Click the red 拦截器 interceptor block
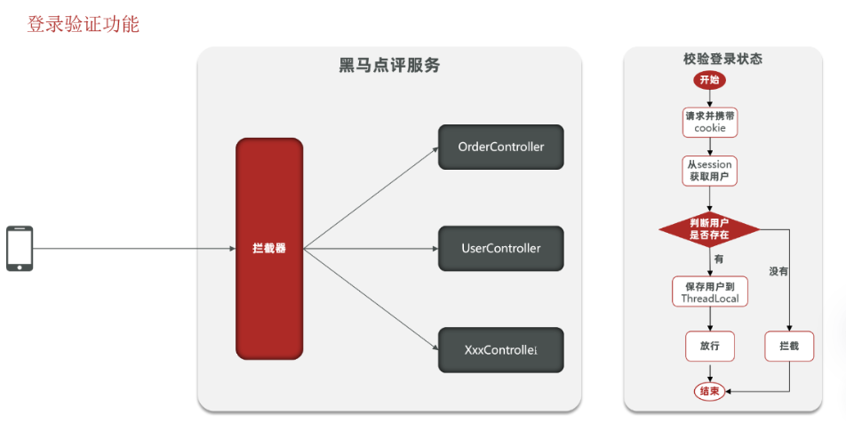268,249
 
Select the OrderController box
500,147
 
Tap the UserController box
500,249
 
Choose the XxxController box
500,350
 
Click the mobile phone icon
20,248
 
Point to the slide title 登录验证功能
83,24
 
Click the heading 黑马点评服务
389,66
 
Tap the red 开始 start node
709,80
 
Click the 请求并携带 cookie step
710,122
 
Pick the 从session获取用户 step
709,171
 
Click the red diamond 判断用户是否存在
709,229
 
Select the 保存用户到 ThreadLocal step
710,291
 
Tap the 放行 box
710,346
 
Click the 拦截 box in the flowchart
789,346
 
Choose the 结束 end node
709,391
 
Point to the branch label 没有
778,271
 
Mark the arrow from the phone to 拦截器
133,249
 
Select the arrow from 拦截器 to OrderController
369,198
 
